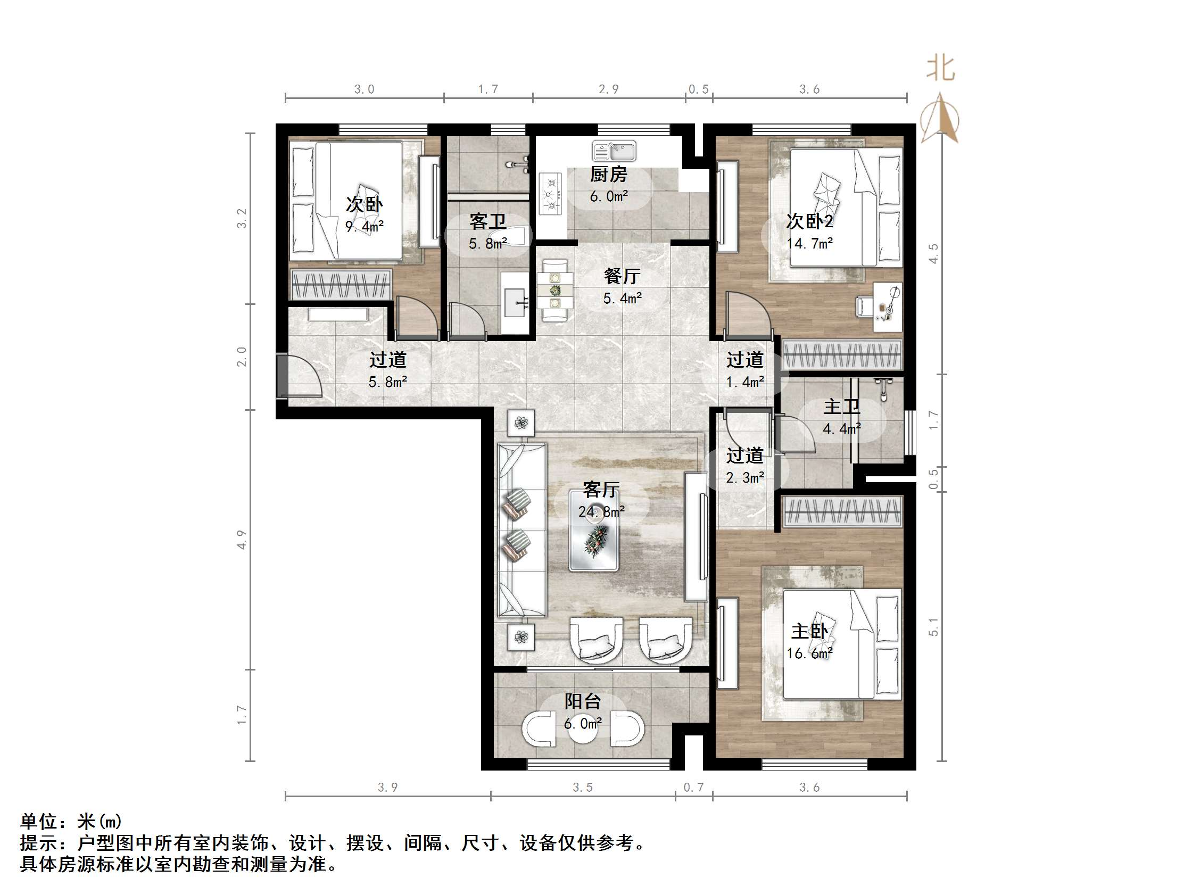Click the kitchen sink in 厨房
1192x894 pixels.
click(x=614, y=152)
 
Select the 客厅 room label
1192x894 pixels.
click(x=601, y=489)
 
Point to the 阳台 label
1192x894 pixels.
click(x=583, y=701)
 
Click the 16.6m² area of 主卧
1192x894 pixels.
click(x=809, y=653)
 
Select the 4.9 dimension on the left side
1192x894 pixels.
click(x=242, y=540)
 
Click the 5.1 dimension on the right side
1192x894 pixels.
click(x=933, y=627)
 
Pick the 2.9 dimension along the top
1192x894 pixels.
click(x=608, y=89)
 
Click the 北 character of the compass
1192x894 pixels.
click(x=940, y=69)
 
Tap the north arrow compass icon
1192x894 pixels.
click(x=940, y=119)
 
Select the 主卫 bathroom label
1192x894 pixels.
click(x=841, y=407)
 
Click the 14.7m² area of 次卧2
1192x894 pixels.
click(x=809, y=244)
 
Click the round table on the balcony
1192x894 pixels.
click(x=583, y=729)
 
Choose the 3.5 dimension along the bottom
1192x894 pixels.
click(x=583, y=787)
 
